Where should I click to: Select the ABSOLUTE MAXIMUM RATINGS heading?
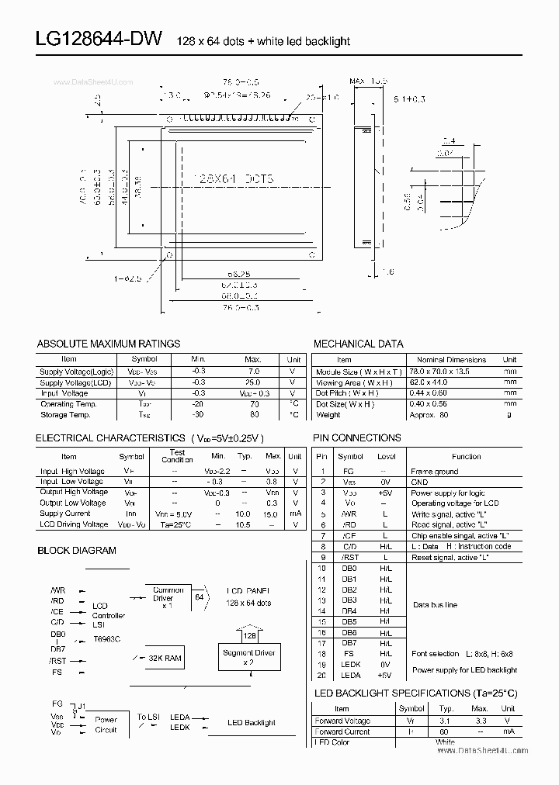point(108,344)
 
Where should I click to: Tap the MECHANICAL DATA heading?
point(358,344)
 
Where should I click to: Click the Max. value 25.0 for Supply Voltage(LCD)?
point(252,382)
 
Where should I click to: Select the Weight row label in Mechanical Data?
point(328,415)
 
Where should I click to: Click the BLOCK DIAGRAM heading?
point(76,550)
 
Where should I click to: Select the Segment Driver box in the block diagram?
point(249,658)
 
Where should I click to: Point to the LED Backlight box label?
point(251,722)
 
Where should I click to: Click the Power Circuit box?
point(106,724)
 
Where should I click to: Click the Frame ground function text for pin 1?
point(434,471)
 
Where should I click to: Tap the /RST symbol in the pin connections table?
point(350,557)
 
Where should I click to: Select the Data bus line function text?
point(435,604)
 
